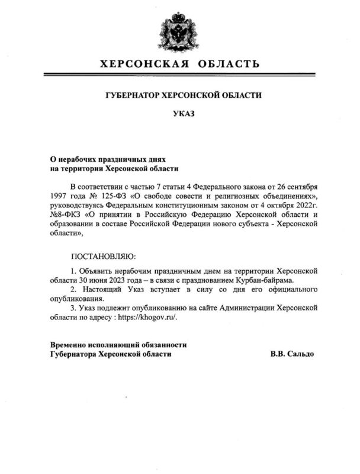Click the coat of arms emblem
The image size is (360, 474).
coord(179,31)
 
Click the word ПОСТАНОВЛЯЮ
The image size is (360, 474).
coord(103,257)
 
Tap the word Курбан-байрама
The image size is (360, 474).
coord(264,280)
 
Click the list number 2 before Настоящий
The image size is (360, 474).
coord(73,290)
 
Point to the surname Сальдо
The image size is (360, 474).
coord(301,354)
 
